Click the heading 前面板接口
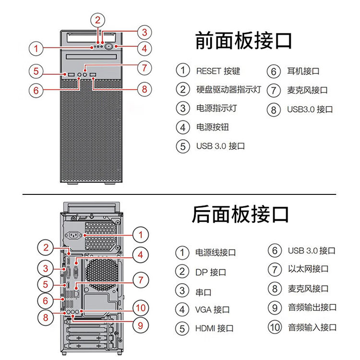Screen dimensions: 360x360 coord(243,41)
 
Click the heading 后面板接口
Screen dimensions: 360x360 coord(240,214)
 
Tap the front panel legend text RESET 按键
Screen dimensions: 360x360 coord(218,71)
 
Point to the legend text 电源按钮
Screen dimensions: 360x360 coord(213,127)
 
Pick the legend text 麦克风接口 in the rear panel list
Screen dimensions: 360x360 coord(308,288)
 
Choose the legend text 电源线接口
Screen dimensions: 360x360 coord(216,252)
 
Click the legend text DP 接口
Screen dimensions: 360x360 coord(211,272)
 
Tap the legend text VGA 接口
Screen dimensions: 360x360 coord(212,310)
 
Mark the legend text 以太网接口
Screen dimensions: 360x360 coord(308,269)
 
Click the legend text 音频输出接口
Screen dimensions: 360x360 coord(312,307)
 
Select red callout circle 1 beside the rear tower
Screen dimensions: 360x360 coord(141,235)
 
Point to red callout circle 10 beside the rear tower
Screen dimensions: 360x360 coord(141,308)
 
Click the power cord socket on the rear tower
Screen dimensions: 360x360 coord(75,235)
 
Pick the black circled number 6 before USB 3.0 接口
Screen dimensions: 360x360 coord(275,251)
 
